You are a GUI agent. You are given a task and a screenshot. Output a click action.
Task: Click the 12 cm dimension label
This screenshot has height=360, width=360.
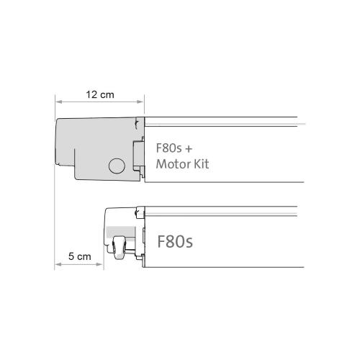[x=99, y=94]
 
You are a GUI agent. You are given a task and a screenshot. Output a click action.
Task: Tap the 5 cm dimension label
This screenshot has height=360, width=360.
[x=79, y=256]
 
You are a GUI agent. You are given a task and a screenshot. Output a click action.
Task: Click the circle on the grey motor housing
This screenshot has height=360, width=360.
[x=116, y=166]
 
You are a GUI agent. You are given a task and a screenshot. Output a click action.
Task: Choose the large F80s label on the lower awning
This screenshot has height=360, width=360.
[x=175, y=240]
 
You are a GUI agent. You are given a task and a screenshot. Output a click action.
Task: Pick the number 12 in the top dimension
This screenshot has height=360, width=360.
[x=91, y=94]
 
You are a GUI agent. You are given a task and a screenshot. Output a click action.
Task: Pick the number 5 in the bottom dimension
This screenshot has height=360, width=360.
[x=71, y=256]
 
